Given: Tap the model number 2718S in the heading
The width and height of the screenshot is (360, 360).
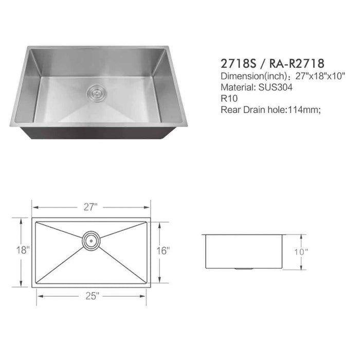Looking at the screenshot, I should point(238,64).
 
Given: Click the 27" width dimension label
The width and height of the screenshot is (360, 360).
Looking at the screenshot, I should point(91,207).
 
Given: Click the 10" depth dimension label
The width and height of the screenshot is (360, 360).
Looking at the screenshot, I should point(301,252).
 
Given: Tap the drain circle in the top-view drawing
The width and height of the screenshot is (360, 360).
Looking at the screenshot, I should point(91,239).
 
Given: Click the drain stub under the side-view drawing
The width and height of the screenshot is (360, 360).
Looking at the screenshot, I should point(244,269).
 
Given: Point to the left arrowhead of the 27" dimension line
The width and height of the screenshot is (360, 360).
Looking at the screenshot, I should point(34,207).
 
